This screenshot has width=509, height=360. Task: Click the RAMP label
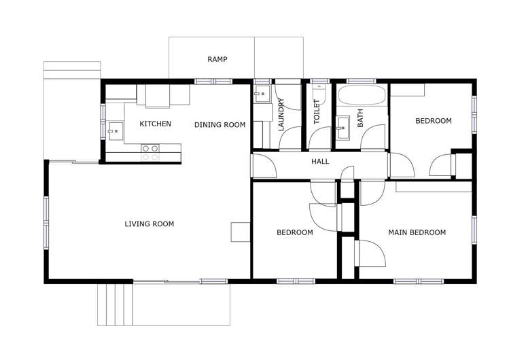(x=217, y=60)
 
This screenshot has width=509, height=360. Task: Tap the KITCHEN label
(x=155, y=124)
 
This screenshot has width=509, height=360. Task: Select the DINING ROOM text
(x=220, y=124)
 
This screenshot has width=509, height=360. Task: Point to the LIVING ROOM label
(x=150, y=224)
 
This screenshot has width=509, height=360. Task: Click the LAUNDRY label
(x=281, y=115)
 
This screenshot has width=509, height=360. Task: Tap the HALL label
(x=320, y=162)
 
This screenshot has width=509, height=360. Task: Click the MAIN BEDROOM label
(x=417, y=232)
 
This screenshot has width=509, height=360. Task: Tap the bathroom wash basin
(x=343, y=124)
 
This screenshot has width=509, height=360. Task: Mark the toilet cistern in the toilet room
(x=318, y=87)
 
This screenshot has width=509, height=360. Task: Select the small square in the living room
(x=241, y=232)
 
